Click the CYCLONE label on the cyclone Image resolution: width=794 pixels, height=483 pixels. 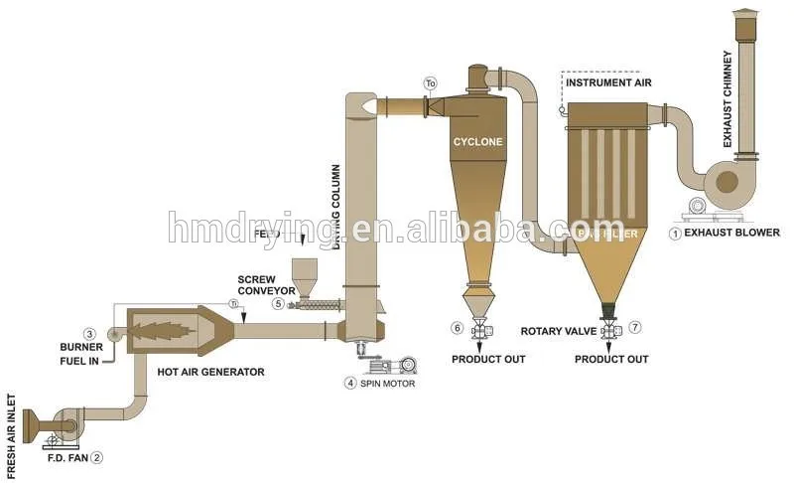[478, 142]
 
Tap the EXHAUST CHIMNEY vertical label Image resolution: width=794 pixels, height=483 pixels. [728, 99]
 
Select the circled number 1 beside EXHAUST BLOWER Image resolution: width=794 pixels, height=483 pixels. [675, 234]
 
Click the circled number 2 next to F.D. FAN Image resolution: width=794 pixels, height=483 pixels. [97, 458]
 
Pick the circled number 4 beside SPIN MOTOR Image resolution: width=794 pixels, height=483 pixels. [349, 383]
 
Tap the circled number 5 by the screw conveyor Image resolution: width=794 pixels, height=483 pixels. [279, 303]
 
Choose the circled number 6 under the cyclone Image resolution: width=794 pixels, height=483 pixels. [457, 327]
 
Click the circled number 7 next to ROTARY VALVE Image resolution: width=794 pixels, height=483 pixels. [635, 327]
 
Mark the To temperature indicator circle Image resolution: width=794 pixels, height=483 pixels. [430, 82]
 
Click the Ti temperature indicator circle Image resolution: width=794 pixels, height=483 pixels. [234, 303]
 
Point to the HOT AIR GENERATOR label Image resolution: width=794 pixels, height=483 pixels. [211, 372]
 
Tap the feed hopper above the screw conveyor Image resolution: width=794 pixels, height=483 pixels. [304, 273]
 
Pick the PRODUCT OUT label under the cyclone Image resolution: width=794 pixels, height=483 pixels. [488, 358]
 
